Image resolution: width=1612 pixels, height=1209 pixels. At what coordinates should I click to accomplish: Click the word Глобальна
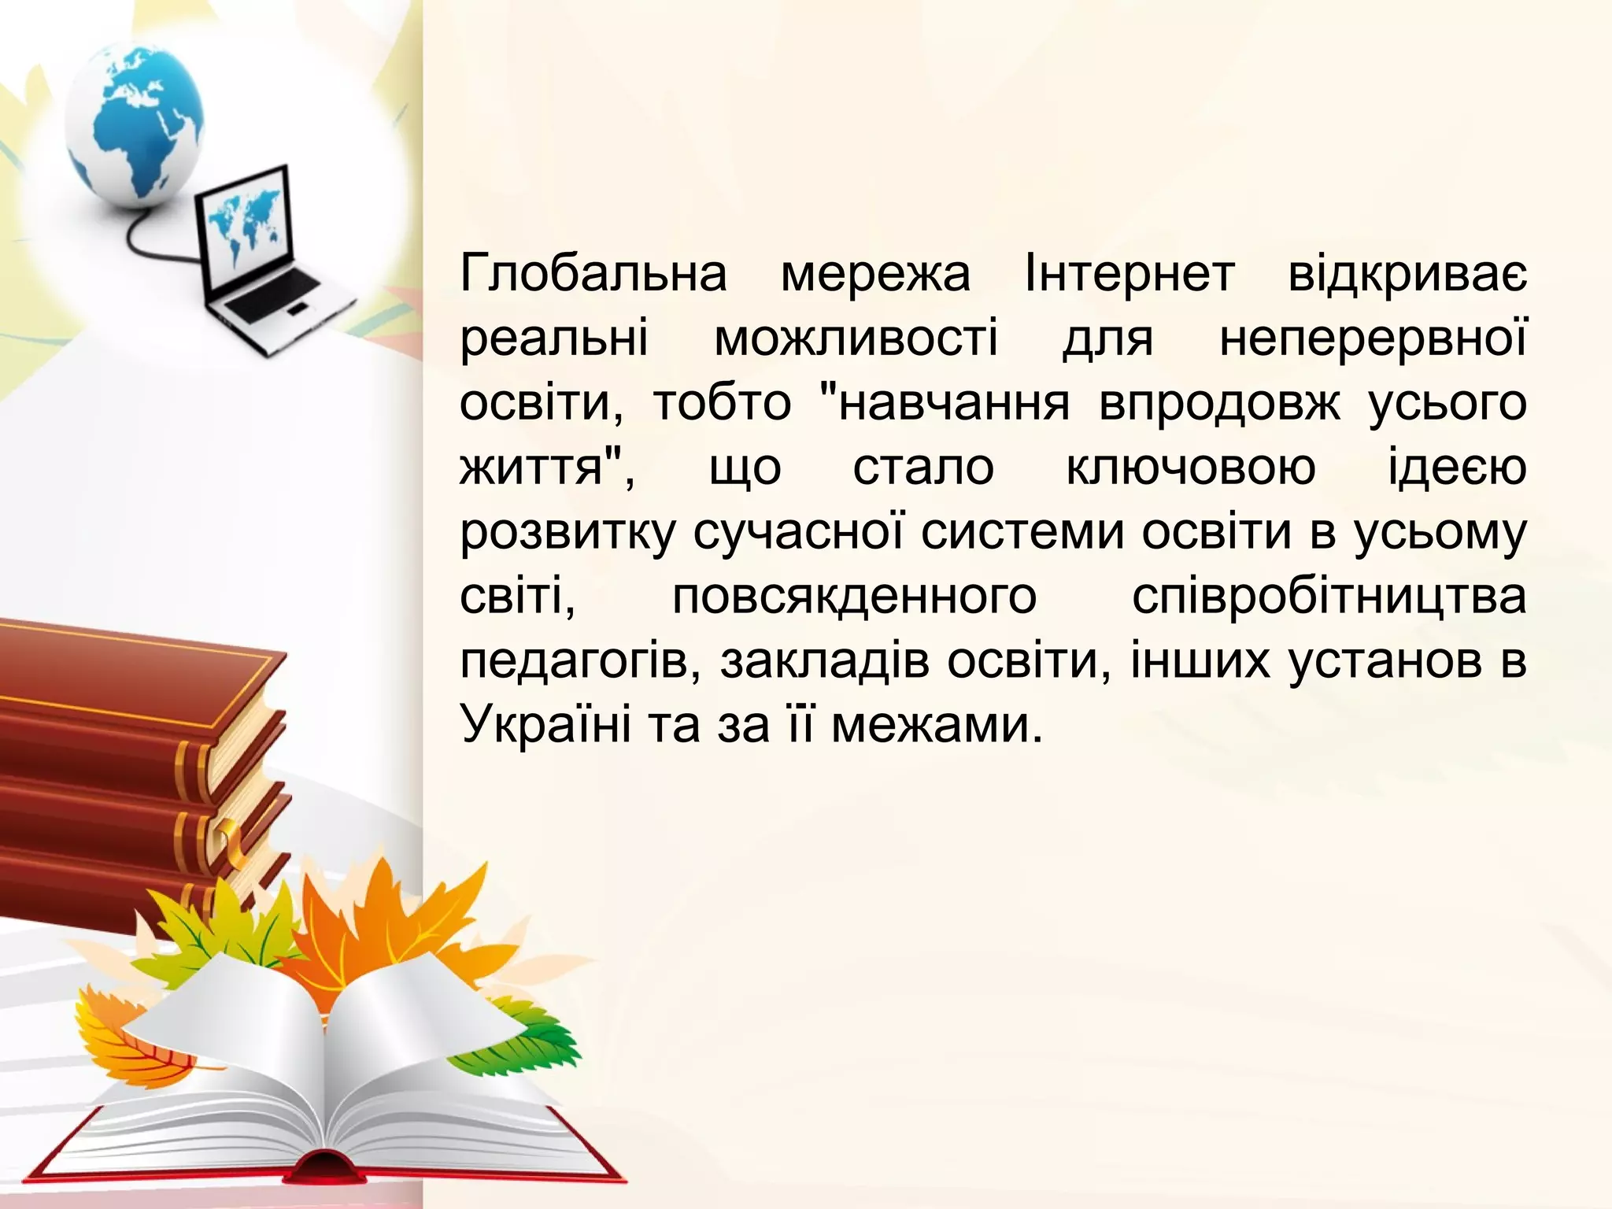tap(593, 275)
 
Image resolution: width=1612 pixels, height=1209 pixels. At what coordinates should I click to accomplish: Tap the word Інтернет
tap(1130, 275)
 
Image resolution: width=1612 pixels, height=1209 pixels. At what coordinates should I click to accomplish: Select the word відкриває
tap(1407, 275)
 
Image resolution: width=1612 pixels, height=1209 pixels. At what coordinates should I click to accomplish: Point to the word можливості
tap(856, 339)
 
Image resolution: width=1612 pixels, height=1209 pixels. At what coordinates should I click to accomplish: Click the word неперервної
tap(1373, 339)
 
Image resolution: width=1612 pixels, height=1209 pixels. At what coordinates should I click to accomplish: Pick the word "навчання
tap(944, 404)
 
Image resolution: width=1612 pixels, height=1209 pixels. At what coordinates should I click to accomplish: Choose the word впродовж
tap(1218, 404)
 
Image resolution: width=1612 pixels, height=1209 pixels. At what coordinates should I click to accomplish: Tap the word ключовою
tap(1190, 468)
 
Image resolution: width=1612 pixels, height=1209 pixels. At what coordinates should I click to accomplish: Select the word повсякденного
tap(855, 597)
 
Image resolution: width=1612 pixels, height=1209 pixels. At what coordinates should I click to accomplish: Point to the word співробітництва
tap(1329, 597)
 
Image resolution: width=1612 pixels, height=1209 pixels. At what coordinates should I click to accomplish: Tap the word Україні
tap(545, 725)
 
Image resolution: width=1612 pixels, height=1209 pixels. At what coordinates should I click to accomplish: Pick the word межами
tap(937, 725)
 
